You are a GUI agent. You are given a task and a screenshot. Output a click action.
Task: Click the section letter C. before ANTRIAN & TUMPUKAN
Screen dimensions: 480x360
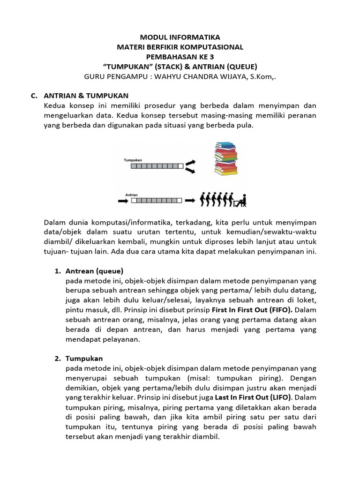tap(33, 96)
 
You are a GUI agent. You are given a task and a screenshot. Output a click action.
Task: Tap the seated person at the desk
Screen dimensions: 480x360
tap(240, 200)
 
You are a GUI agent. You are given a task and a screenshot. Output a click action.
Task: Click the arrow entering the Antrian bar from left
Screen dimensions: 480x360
tap(123, 200)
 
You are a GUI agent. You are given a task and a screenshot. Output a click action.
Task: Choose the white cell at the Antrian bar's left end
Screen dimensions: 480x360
tap(134, 200)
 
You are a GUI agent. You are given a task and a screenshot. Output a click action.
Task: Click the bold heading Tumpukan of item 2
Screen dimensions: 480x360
tap(84, 358)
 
